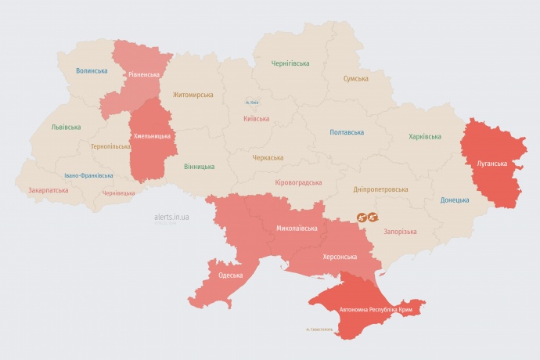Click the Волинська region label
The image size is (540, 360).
click(92, 71)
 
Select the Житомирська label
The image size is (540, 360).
click(193, 95)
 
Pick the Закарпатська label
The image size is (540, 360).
click(49, 190)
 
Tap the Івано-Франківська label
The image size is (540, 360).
click(88, 176)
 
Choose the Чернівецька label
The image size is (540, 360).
click(119, 193)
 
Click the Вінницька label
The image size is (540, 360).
click(199, 167)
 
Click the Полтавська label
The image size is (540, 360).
click(347, 132)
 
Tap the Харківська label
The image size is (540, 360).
click(425, 137)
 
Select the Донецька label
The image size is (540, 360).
click(455, 200)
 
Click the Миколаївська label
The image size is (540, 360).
click(297, 229)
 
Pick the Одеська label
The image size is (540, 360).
click(230, 275)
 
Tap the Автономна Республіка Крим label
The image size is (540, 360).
click(375, 310)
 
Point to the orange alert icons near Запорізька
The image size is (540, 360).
click(367, 217)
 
